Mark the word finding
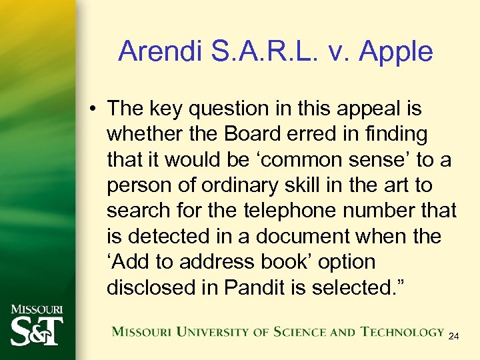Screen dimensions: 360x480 [395, 133]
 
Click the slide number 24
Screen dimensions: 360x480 [453, 336]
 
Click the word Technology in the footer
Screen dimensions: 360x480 [403, 331]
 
